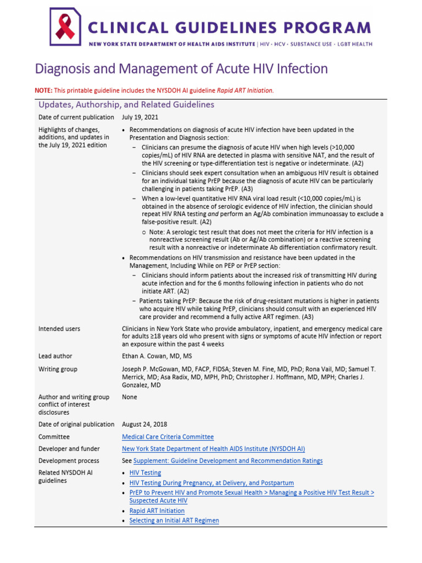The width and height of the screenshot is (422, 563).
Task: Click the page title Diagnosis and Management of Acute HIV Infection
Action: [181, 69]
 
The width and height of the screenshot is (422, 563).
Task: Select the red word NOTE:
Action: [43, 90]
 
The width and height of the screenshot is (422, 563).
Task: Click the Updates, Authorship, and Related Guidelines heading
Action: [126, 104]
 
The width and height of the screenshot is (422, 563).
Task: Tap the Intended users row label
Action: [59, 329]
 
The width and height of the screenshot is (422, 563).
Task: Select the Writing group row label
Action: [58, 369]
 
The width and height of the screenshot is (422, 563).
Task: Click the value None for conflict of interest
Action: [129, 397]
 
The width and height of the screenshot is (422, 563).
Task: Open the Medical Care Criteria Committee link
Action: [168, 437]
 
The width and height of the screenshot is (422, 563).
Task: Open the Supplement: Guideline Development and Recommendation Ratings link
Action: [228, 461]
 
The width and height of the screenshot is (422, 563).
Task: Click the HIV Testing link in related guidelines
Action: [145, 473]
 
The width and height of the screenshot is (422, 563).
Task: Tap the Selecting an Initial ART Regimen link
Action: [174, 521]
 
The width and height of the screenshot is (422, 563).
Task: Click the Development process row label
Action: [69, 461]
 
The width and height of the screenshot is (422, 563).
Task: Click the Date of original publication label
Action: [76, 424]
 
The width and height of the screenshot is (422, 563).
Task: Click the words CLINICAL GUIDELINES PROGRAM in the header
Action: [229, 27]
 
